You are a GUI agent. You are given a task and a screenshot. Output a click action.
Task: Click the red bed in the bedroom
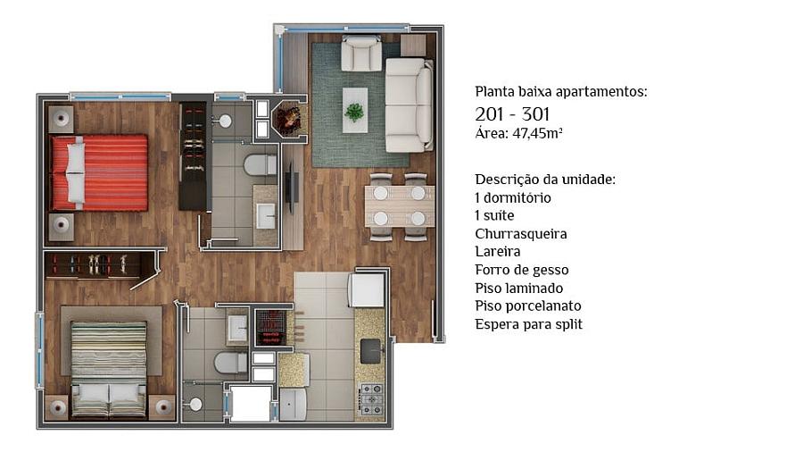99,172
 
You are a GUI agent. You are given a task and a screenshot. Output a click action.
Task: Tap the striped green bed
109,369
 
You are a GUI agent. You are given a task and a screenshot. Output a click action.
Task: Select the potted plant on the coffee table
354,111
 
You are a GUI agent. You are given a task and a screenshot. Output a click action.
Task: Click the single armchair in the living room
361,54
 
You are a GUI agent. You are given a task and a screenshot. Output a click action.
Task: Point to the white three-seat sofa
409,105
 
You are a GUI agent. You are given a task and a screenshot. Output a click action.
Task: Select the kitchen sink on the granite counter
371,351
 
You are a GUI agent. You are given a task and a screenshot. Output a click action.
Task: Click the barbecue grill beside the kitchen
269,329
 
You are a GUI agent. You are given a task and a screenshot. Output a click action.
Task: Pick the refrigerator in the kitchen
367,289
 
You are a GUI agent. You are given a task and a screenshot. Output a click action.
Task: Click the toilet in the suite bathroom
261,165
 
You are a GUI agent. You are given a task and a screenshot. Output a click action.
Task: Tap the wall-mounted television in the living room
289,188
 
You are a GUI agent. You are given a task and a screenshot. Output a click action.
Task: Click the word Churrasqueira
521,234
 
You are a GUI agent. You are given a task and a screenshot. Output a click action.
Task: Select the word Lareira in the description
497,252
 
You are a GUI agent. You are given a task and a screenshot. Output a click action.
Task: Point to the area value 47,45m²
537,134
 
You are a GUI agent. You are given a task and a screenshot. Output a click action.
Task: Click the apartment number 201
490,113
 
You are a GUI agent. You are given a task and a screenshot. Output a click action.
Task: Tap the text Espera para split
528,324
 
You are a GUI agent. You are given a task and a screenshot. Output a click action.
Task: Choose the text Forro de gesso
521,270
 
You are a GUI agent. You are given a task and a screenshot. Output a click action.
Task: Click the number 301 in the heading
535,113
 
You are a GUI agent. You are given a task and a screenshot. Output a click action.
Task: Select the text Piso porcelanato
528,306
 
